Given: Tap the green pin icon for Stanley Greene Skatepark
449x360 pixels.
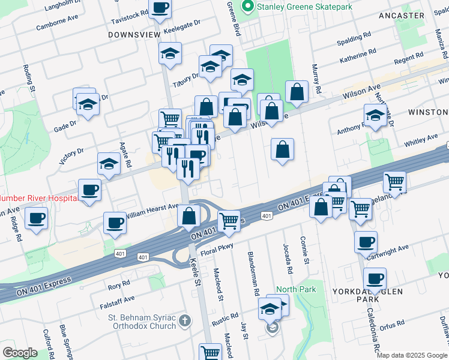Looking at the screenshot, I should [x=246, y=7].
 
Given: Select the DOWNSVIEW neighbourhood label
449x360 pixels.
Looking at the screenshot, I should [x=134, y=35].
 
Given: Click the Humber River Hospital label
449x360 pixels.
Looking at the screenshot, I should [x=37, y=197].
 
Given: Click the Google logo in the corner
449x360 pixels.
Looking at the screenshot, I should [x=20, y=352].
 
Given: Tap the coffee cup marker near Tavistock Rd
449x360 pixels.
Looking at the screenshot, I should [x=160, y=8].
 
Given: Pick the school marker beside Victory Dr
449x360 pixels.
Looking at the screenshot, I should [x=109, y=164].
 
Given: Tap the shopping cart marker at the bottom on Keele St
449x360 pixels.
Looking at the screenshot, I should [x=210, y=352].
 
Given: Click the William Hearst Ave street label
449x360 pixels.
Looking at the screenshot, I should [x=152, y=207].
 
